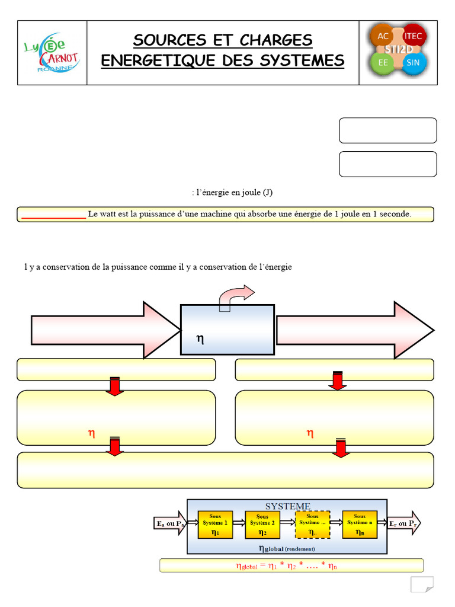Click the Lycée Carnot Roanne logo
pos(52,52)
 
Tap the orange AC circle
pos(380,37)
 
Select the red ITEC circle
pos(413,37)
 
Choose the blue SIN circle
pos(413,63)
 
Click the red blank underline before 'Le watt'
pos(54,218)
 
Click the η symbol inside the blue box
pos(200,339)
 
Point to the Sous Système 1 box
pos(214,525)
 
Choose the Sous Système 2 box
pos(262,525)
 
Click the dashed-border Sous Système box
pos(312,525)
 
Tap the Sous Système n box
pos(360,525)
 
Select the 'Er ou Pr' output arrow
pos(405,523)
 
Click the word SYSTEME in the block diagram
pos(287,506)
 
